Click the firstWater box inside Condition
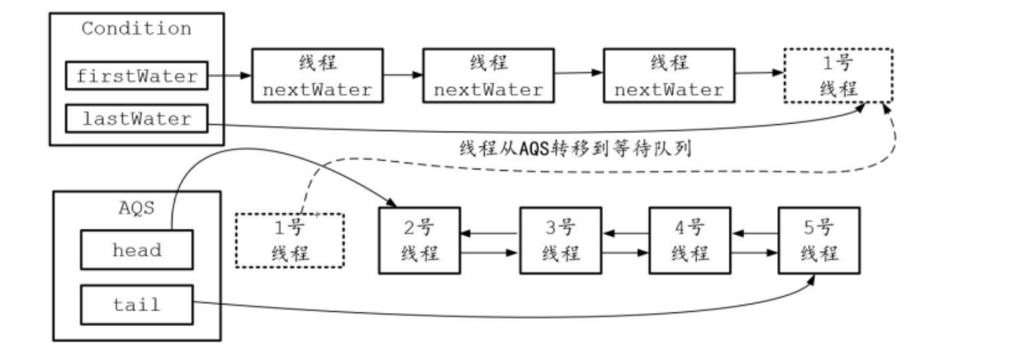click(136, 77)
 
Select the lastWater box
click(136, 119)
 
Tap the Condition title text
click(136, 29)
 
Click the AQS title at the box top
click(136, 207)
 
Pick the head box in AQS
click(136, 249)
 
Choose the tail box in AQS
click(136, 305)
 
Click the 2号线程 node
click(419, 239)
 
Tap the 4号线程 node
click(690, 239)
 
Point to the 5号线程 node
click(819, 239)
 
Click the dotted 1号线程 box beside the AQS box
click(290, 240)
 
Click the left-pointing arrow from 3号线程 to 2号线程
click(489, 234)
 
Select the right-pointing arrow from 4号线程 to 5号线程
click(754, 248)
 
